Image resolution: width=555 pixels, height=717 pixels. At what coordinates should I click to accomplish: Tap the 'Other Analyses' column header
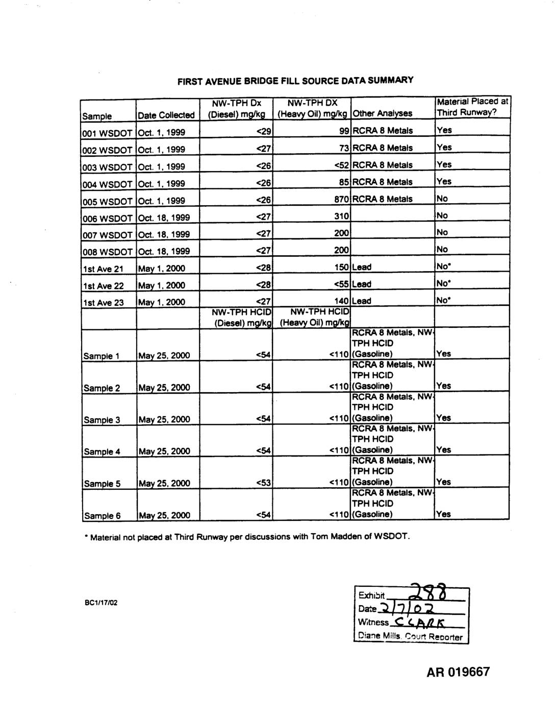coord(382,113)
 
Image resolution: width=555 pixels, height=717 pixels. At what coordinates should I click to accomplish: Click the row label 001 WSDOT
coord(108,132)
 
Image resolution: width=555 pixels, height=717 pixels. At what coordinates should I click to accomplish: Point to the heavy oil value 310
coord(341,217)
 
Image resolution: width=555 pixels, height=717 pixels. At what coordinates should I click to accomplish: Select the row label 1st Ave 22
coord(104,285)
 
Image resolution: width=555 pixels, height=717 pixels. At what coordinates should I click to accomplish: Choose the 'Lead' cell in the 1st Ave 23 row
coord(362,301)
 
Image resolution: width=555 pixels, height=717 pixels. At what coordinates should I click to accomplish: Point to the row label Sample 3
coord(102,420)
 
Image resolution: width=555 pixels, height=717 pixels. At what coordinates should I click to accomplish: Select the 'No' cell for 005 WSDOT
coord(442,198)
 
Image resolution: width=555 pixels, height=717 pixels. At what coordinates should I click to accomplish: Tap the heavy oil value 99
coord(343,131)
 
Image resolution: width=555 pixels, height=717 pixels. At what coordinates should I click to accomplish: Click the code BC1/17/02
coord(101,603)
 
